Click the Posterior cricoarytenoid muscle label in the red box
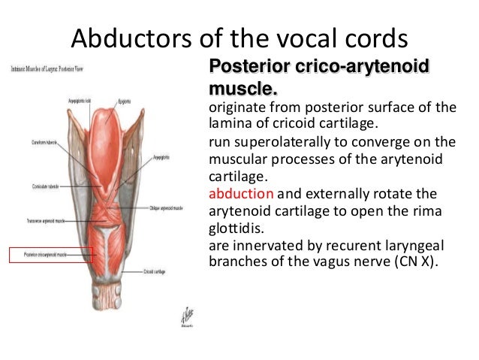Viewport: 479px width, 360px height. pos(50,256)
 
